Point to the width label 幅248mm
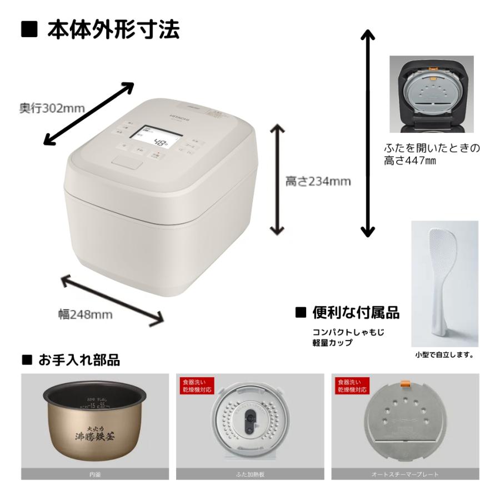point(86,314)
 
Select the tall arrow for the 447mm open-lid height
point(367,133)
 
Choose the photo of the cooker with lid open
point(431,94)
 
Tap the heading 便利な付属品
point(356,313)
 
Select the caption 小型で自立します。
point(444,354)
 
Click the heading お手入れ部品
point(78,360)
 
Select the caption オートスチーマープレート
point(405,474)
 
